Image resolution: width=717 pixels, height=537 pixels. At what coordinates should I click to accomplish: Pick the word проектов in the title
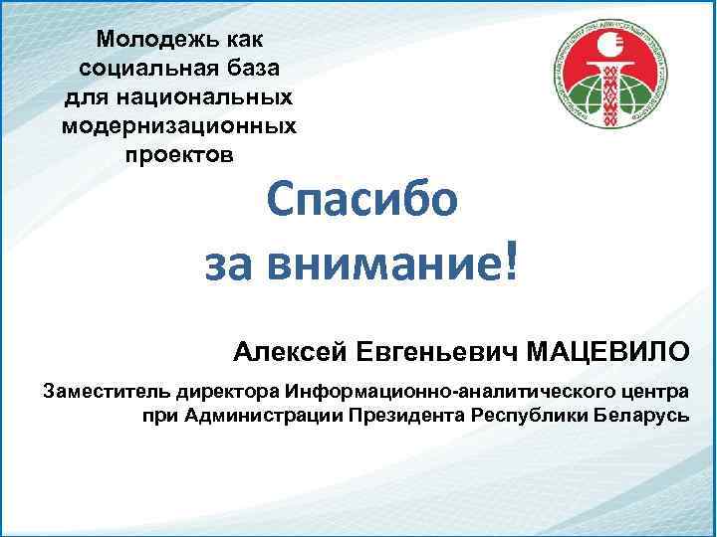[179, 155]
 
